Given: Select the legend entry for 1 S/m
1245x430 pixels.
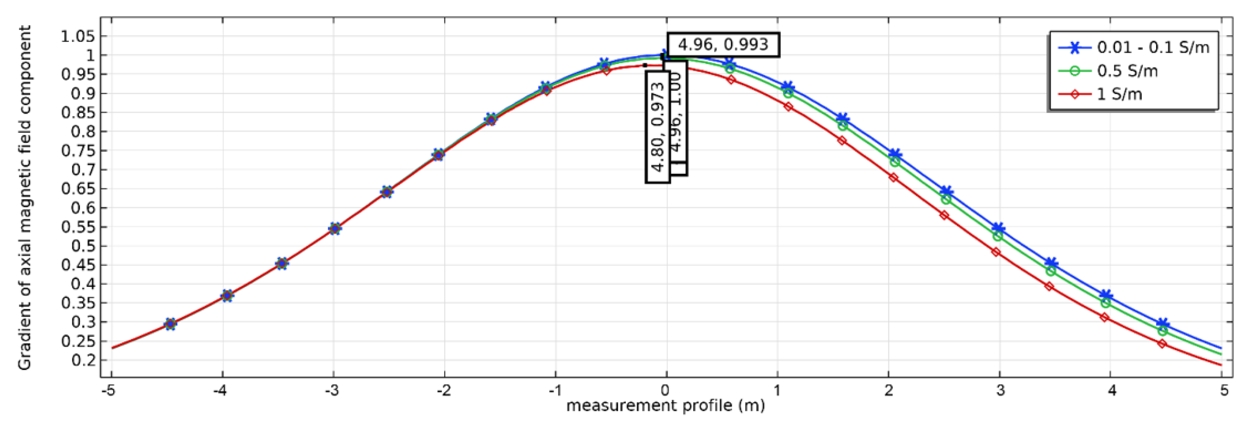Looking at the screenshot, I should coord(1119,94).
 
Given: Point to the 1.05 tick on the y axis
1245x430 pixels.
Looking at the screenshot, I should coord(77,36).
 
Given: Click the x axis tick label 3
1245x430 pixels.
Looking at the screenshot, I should coord(999,390).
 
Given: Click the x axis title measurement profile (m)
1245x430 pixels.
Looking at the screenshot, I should coord(666,405).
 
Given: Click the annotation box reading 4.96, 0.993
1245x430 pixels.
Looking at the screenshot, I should coord(723,45).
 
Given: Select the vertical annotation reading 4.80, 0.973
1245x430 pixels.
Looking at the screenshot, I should coord(658,127).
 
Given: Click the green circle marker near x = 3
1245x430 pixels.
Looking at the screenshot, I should coord(997,236).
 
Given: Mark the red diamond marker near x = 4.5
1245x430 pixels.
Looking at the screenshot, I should coord(1162,344).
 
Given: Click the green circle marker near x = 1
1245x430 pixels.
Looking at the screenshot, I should coord(788,93).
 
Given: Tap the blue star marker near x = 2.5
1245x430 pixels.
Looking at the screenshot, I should coord(946,191).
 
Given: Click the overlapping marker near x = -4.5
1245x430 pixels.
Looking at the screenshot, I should coord(170,324).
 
